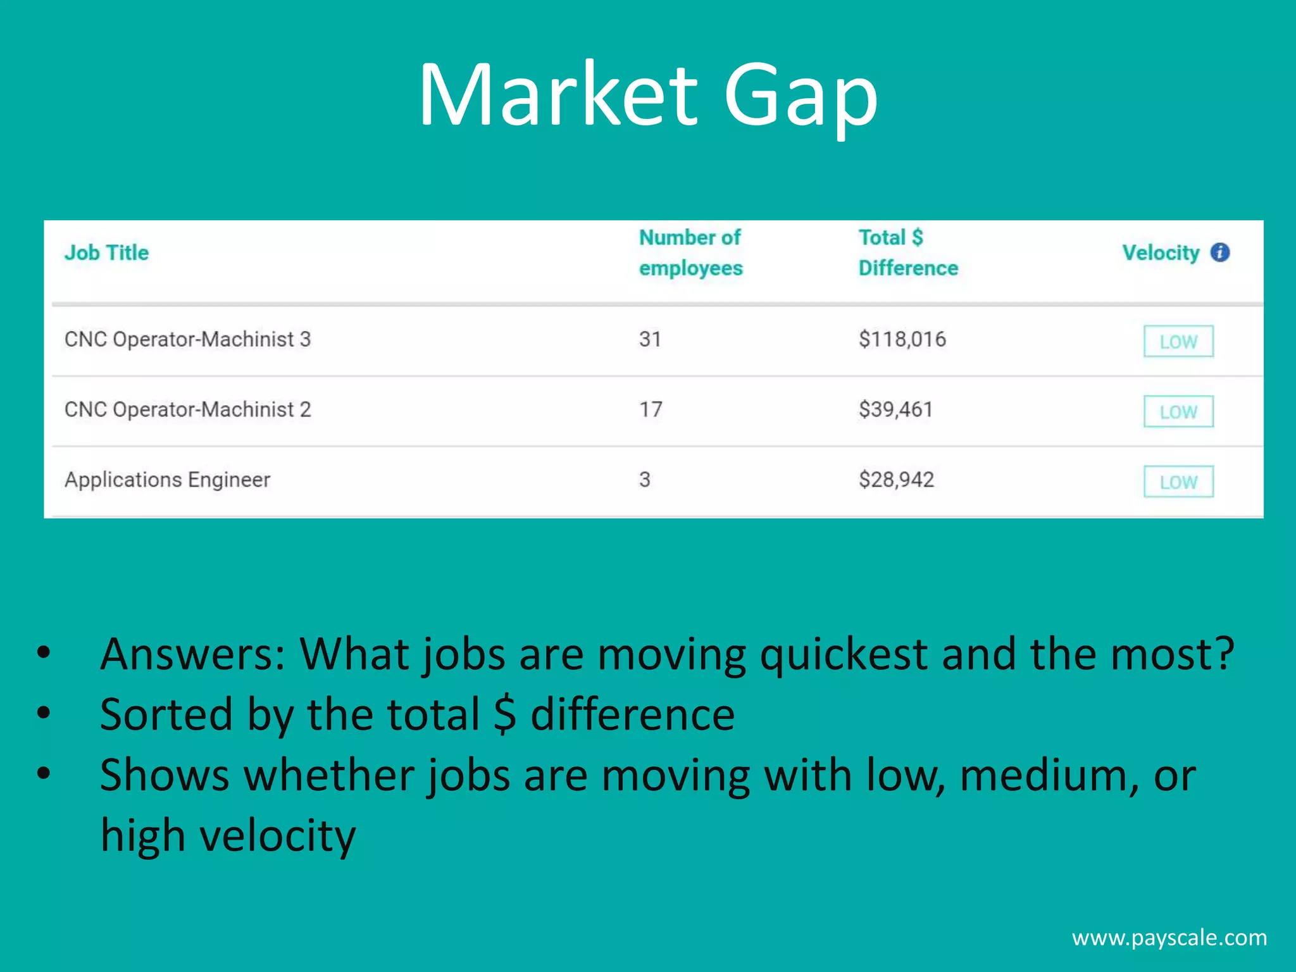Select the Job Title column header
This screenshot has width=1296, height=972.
[x=106, y=252]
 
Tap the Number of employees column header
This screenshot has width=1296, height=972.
[x=690, y=252]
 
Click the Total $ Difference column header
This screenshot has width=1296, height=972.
[x=907, y=252]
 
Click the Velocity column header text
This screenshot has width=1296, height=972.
[x=1161, y=252]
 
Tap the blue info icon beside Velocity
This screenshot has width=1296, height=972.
[x=1220, y=252]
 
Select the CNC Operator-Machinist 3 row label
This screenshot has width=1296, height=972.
[x=187, y=339]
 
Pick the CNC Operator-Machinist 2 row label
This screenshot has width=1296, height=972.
[x=187, y=409]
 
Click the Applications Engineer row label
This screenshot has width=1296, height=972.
[x=167, y=480]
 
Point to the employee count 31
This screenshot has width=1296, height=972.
[x=650, y=339]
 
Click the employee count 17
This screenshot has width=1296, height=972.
[x=651, y=409]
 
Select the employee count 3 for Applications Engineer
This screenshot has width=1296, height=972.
[x=645, y=480]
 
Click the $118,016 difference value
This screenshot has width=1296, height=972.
[x=902, y=339]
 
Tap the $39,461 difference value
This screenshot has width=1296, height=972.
[x=895, y=409]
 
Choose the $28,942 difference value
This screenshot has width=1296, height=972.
[x=896, y=480]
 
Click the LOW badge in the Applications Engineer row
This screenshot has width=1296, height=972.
[x=1178, y=482]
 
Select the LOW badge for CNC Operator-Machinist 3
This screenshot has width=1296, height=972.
[x=1178, y=342]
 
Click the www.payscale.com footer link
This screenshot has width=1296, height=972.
[x=1169, y=938]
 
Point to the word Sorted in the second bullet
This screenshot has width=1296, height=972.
[x=166, y=714]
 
